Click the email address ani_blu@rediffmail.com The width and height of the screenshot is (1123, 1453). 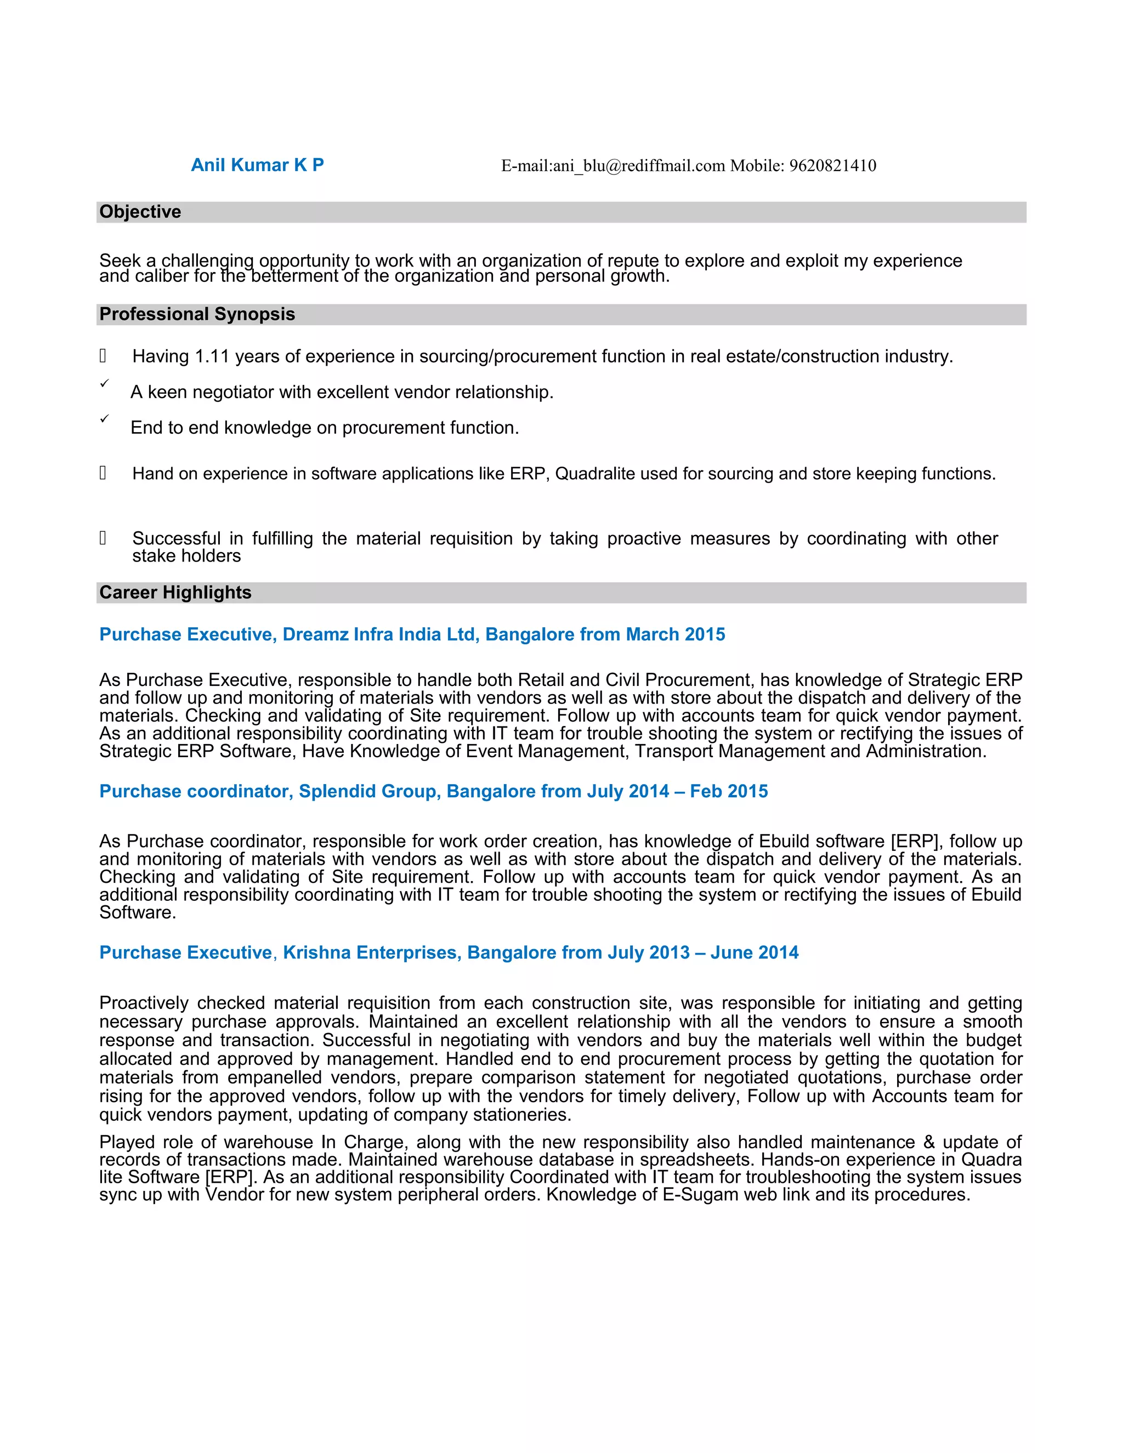[639, 166]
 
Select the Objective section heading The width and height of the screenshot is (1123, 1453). [140, 212]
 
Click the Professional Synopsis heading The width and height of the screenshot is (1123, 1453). [197, 314]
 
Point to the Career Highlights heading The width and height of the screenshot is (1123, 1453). [175, 592]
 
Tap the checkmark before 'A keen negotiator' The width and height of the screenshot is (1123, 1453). [104, 383]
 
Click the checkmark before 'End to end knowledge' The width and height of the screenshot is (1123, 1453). [104, 418]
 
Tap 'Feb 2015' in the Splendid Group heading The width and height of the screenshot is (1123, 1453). [729, 791]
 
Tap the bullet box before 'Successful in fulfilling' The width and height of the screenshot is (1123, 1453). [103, 537]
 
